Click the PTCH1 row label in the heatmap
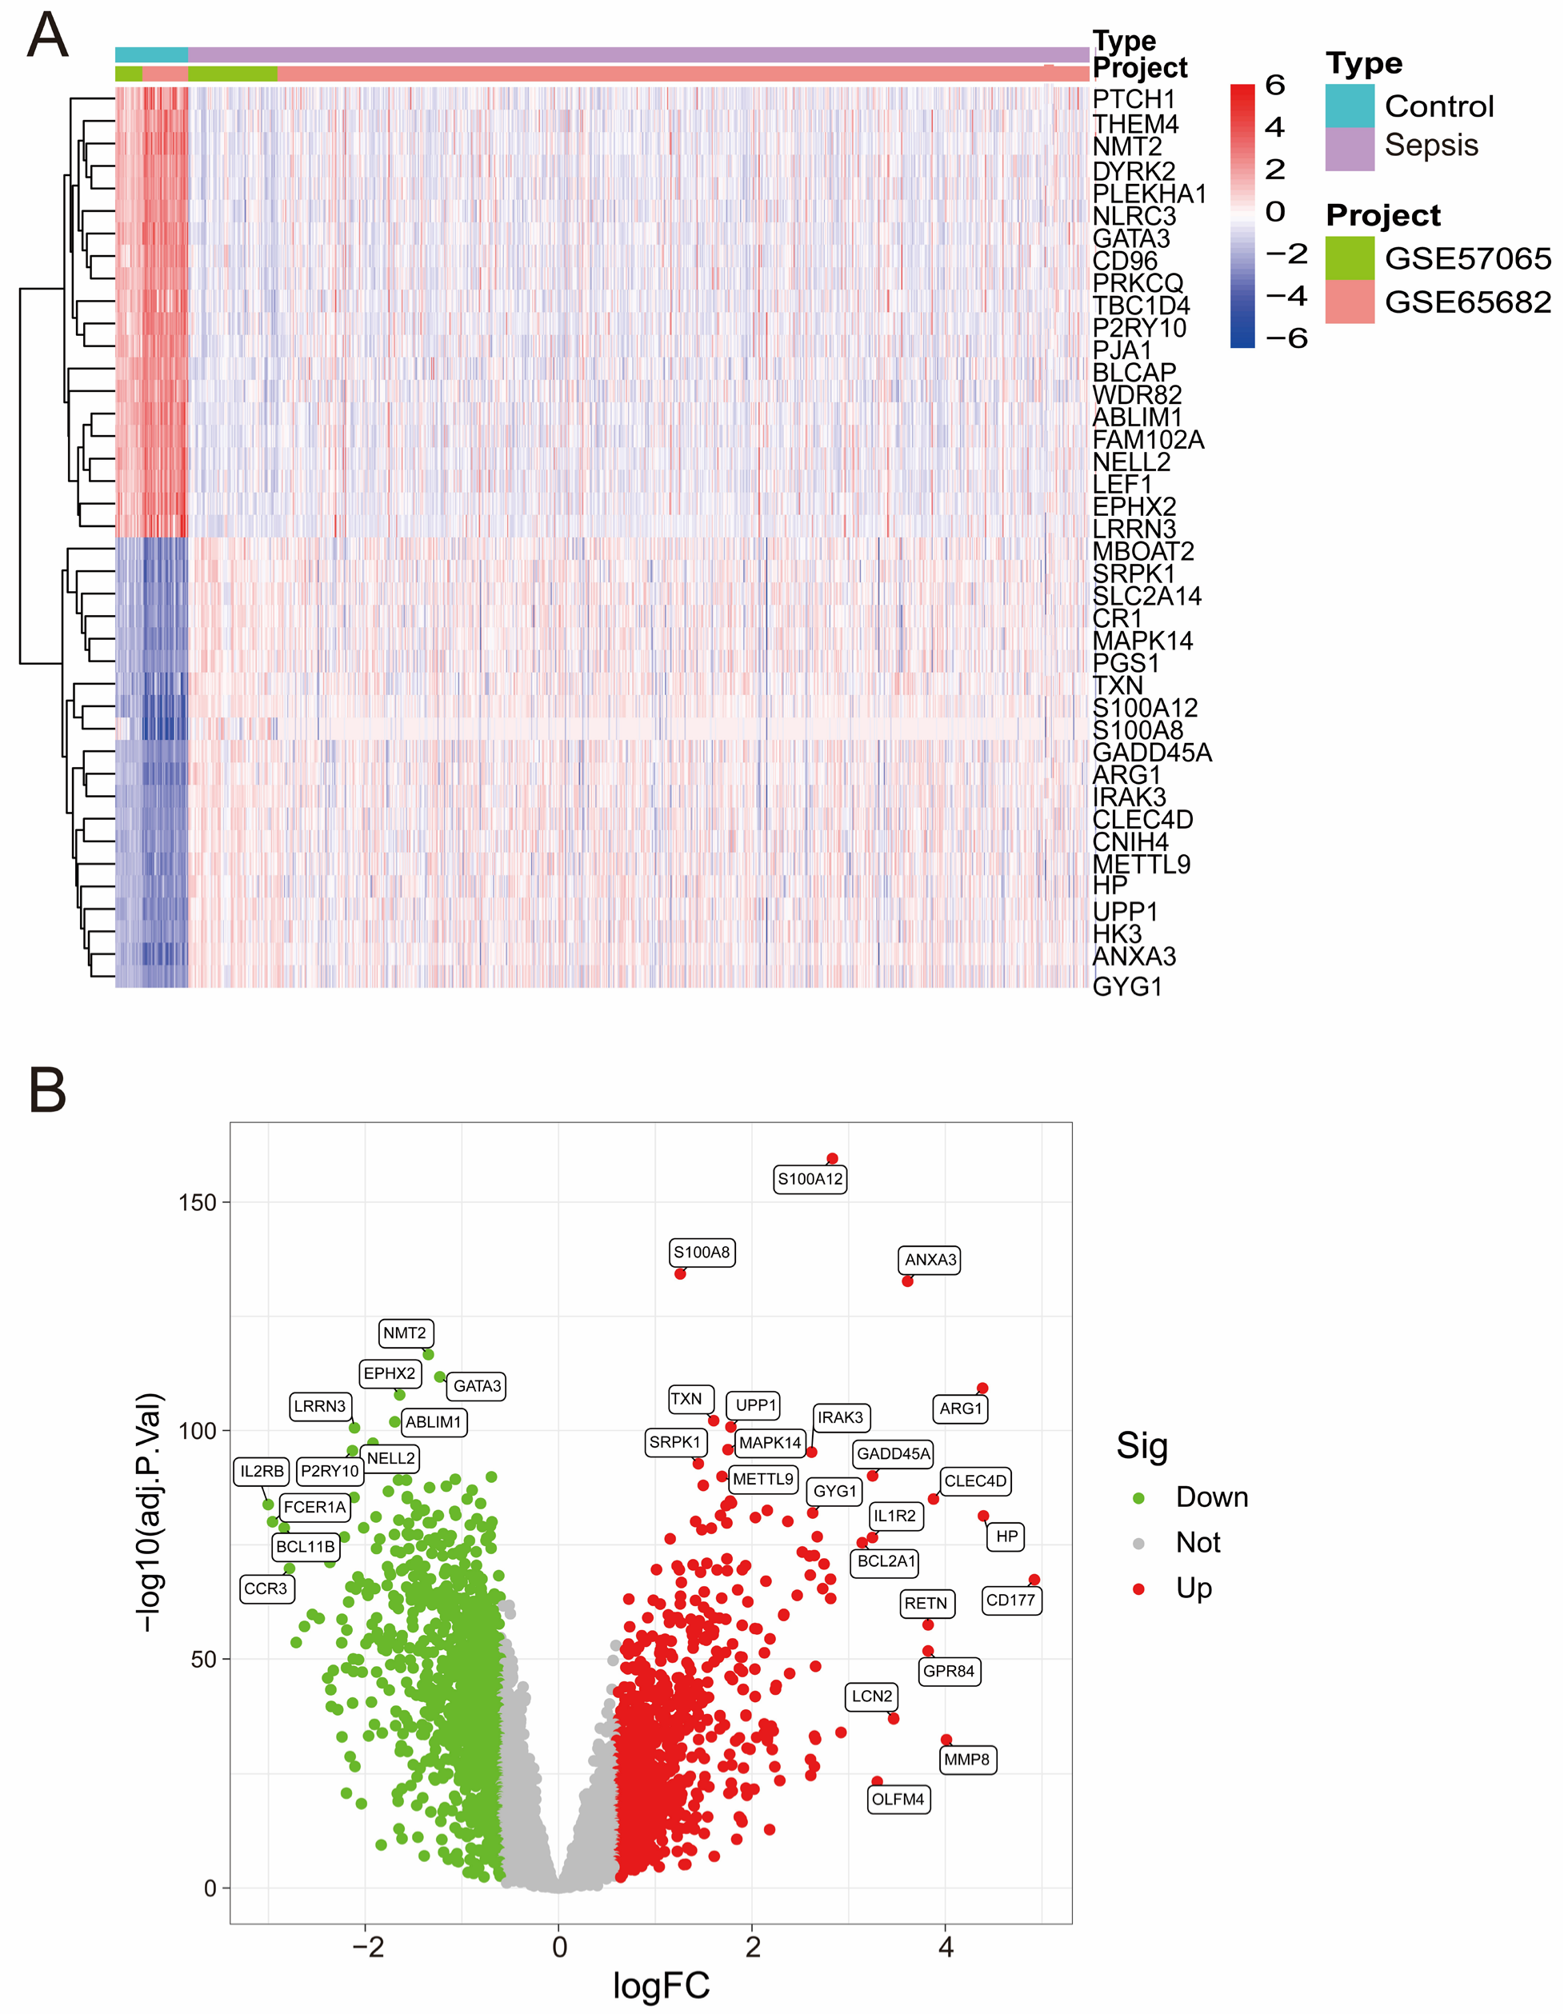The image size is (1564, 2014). (1134, 100)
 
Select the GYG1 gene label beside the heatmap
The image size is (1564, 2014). (1127, 987)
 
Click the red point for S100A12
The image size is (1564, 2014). (832, 1158)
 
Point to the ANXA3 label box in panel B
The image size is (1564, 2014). (930, 1260)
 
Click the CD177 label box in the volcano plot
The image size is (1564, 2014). (1010, 1600)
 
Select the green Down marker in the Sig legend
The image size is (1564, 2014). (1138, 1499)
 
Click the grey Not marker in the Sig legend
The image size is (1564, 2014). (1138, 1544)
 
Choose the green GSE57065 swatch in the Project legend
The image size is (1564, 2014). (1349, 258)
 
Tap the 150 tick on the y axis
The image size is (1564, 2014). (198, 1202)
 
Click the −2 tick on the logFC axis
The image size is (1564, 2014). (367, 1948)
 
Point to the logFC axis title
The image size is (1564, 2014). (661, 1985)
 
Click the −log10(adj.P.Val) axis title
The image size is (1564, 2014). (150, 1513)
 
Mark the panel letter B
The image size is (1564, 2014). (47, 1090)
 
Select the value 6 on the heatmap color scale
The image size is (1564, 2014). (1274, 86)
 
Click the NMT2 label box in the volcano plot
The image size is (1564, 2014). (405, 1333)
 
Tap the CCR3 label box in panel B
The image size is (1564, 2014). (266, 1588)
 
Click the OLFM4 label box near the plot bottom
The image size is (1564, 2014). (898, 1799)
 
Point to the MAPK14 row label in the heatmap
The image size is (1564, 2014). (1142, 641)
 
